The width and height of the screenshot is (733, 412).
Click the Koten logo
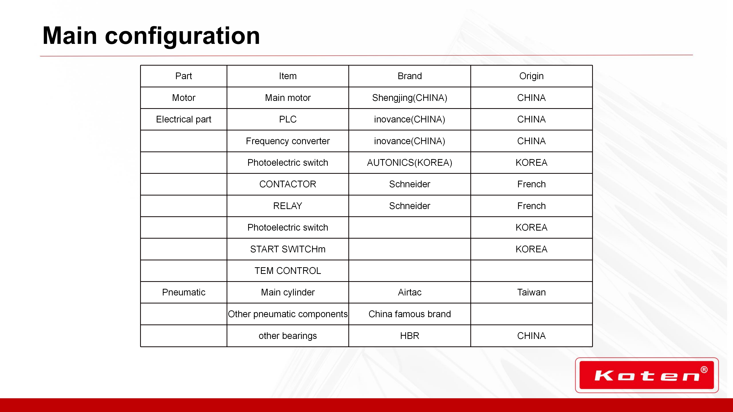[x=647, y=375]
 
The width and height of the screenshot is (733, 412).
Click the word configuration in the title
[x=182, y=36]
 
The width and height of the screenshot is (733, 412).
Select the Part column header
[x=183, y=76]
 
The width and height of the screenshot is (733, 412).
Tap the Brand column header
[x=409, y=76]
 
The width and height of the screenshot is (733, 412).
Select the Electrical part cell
[x=183, y=119]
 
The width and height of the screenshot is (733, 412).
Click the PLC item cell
[x=288, y=119]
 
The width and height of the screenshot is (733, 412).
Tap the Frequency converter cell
[x=288, y=141]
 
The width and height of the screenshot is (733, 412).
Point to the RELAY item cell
[x=288, y=206]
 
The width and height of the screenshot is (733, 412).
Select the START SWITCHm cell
[x=288, y=249]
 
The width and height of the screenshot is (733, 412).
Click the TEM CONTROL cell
[x=288, y=271]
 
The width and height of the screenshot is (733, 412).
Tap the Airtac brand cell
[x=409, y=292]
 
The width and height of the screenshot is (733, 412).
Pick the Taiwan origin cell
[x=531, y=292]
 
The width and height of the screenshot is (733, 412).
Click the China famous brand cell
[x=409, y=314]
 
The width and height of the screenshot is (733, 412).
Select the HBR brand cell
[x=409, y=336]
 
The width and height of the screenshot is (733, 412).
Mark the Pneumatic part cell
[x=183, y=292]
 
